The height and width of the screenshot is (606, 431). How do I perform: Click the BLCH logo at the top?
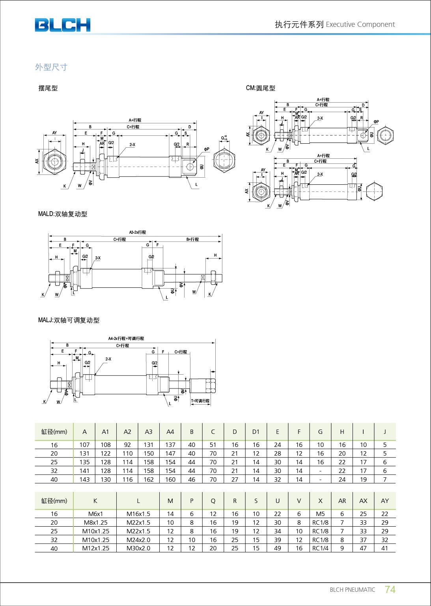pyautogui.click(x=62, y=25)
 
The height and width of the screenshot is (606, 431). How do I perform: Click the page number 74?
pyautogui.click(x=390, y=589)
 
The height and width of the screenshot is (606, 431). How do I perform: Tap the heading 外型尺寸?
pyautogui.click(x=51, y=67)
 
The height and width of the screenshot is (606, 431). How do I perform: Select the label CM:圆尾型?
pyautogui.click(x=260, y=88)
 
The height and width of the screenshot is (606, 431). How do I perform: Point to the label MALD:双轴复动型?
pyautogui.click(x=62, y=214)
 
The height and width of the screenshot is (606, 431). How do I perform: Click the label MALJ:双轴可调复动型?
pyautogui.click(x=69, y=320)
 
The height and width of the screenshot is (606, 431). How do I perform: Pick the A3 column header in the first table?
pyautogui.click(x=148, y=432)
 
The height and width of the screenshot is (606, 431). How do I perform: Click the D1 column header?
pyautogui.click(x=256, y=432)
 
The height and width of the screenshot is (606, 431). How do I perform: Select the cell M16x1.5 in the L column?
pyautogui.click(x=138, y=514)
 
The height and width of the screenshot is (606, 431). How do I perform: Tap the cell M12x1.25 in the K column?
pyautogui.click(x=95, y=548)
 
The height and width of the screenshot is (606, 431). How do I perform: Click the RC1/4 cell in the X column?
pyautogui.click(x=320, y=548)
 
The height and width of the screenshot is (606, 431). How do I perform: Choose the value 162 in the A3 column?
pyautogui.click(x=148, y=480)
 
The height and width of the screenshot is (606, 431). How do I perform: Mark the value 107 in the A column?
pyautogui.click(x=84, y=445)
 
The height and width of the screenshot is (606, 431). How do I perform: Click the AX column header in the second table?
pyautogui.click(x=363, y=501)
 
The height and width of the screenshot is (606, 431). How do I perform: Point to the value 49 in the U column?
pyautogui.click(x=277, y=548)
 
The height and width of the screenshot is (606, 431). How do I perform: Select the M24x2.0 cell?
pyautogui.click(x=138, y=540)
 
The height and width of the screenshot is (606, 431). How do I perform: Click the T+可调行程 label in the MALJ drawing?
pyautogui.click(x=200, y=401)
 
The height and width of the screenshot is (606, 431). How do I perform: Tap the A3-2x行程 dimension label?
pyautogui.click(x=137, y=232)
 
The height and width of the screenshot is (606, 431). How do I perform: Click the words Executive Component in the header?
pyautogui.click(x=360, y=24)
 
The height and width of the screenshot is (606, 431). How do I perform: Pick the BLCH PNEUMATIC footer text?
pyautogui.click(x=352, y=590)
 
